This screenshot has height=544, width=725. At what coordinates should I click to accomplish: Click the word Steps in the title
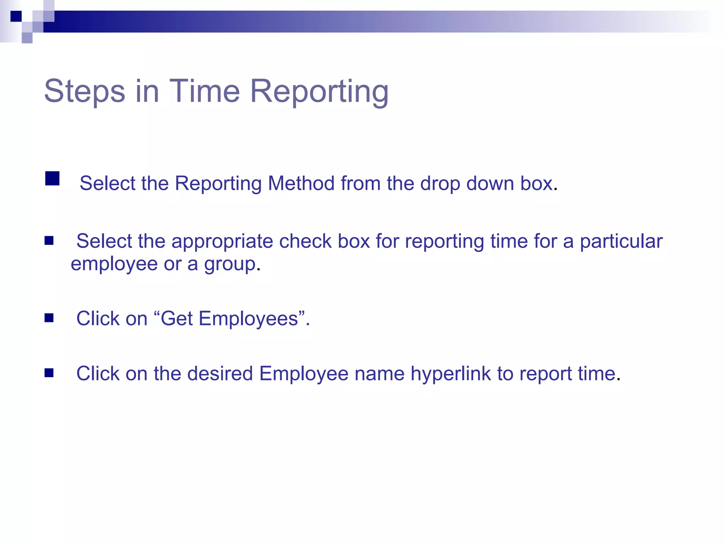pos(85,91)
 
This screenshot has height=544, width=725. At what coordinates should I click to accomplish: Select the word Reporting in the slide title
pos(319,91)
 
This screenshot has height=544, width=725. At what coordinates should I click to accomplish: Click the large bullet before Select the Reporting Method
pos(52,178)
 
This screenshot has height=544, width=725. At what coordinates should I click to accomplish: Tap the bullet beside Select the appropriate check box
pos(49,241)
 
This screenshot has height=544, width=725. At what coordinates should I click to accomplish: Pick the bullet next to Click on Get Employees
pos(49,318)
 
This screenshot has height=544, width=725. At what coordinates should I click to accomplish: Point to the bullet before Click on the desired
pos(49,373)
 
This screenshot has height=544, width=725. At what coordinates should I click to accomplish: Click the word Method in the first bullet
pos(301,183)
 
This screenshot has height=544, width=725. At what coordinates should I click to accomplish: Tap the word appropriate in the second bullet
pos(222,241)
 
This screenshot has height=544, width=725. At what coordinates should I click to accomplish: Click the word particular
pos(621,241)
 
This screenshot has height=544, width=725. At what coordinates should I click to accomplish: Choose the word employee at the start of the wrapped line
pos(114,264)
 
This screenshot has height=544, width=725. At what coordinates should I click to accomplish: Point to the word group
pos(230,264)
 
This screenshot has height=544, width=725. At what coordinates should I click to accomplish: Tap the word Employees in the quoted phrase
pos(248,318)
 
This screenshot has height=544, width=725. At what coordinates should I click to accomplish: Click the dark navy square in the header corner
pos(16,16)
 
